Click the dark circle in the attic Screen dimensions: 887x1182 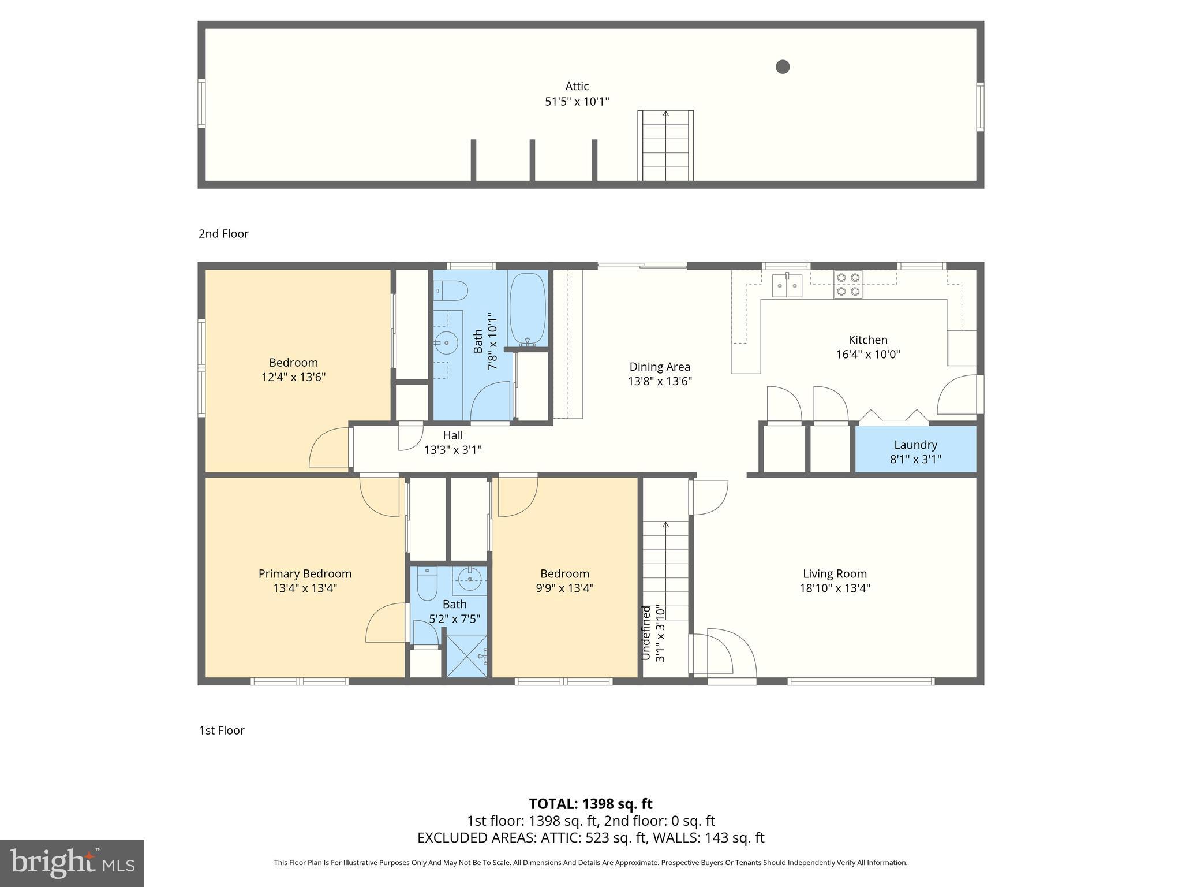[782, 67]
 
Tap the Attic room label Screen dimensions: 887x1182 [577, 87]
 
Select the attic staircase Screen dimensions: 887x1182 [665, 146]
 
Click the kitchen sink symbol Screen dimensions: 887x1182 [787, 285]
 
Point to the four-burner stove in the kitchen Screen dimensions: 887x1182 [848, 285]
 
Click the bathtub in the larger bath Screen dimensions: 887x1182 [528, 309]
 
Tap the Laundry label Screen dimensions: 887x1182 [915, 445]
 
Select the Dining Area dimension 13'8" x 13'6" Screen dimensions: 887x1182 [660, 381]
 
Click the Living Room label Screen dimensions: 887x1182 [835, 573]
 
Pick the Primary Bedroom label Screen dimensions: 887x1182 [305, 573]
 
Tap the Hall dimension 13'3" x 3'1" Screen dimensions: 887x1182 [453, 450]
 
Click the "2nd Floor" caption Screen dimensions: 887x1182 [223, 234]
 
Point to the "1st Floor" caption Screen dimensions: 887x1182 [222, 731]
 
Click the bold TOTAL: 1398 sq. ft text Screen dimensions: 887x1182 [590, 804]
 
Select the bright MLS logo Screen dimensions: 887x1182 [72, 863]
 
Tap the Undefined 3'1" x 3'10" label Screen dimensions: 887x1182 [653, 633]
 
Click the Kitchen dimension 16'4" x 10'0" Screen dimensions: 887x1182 [867, 355]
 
